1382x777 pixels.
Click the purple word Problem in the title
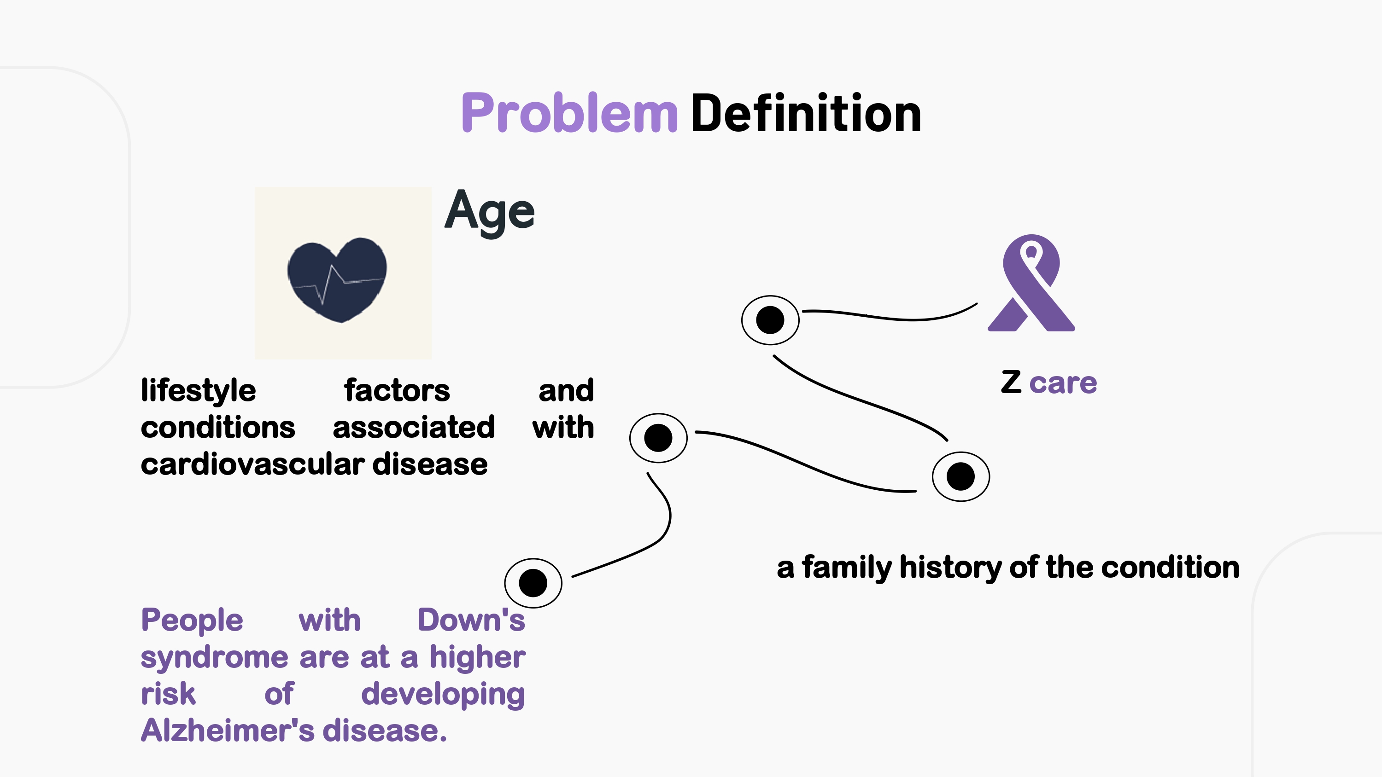(x=569, y=114)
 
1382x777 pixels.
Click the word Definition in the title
(x=806, y=114)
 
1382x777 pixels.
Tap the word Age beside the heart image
(x=489, y=211)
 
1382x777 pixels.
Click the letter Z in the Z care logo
(x=1011, y=383)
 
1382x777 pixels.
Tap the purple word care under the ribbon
(x=1063, y=383)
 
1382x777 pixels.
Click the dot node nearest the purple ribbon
(x=770, y=320)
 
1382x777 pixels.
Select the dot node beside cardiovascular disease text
(x=658, y=438)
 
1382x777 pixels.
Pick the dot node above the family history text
(x=960, y=476)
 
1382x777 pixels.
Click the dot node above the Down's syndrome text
(x=533, y=583)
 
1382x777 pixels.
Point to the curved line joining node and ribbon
(x=890, y=316)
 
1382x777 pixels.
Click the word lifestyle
(x=198, y=390)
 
